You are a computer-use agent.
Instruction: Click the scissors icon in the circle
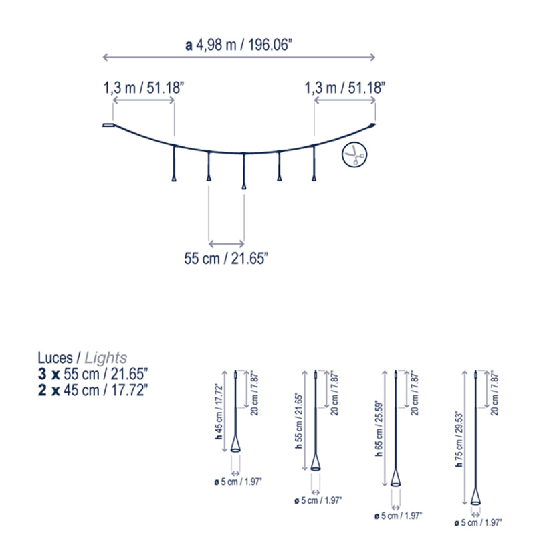[x=354, y=154]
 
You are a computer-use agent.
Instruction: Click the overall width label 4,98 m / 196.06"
[x=239, y=45]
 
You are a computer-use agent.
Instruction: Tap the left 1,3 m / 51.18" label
[x=144, y=88]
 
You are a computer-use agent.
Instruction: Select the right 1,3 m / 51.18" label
[x=344, y=88]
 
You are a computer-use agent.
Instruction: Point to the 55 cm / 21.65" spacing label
[x=226, y=259]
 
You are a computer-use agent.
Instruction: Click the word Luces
[x=55, y=358]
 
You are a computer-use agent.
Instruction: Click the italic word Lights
[x=106, y=358]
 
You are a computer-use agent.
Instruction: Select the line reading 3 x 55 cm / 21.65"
[x=93, y=374]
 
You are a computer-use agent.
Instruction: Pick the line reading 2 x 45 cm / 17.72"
[x=93, y=390]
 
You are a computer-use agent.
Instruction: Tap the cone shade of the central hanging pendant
[x=243, y=187]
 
